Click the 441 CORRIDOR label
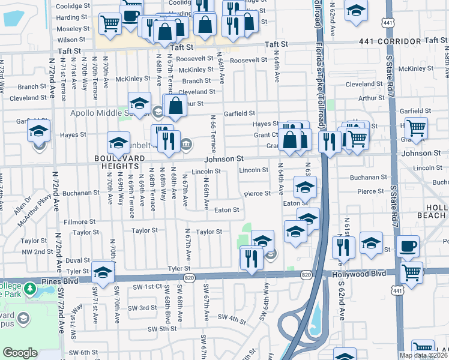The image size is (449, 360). [384, 41]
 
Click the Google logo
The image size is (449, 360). [20, 352]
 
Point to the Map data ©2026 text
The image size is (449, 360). [423, 355]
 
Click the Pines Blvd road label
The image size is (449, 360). [60, 281]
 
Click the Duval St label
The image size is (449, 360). [77, 261]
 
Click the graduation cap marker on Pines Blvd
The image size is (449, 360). [103, 272]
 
